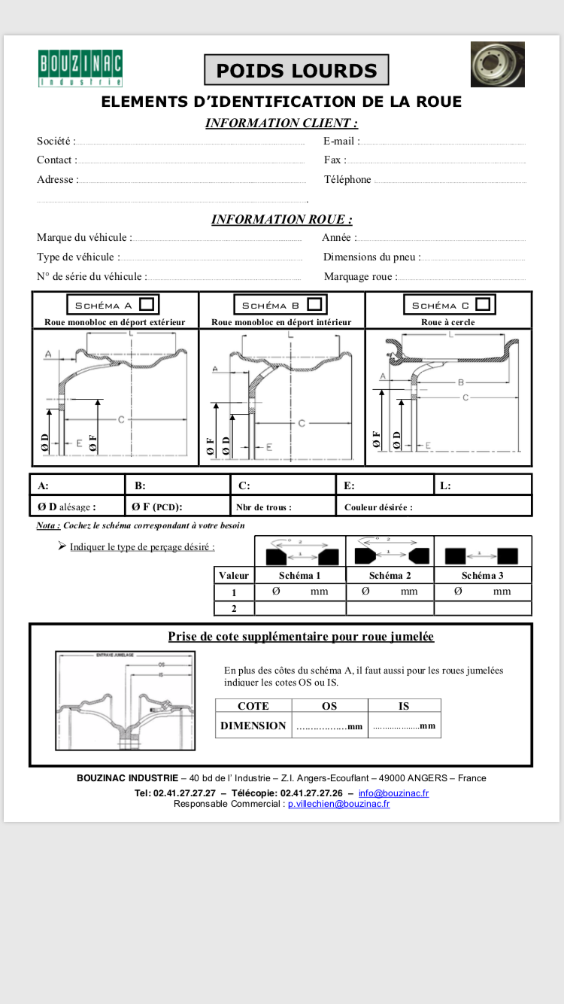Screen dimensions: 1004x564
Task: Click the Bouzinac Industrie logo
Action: click(x=80, y=68)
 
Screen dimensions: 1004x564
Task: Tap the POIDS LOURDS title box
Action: click(x=296, y=71)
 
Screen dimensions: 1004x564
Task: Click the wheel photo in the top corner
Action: click(x=497, y=65)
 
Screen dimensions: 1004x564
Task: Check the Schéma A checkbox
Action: click(x=147, y=304)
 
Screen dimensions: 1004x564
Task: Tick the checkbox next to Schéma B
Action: click(x=314, y=304)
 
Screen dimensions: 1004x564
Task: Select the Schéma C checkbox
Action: click(x=483, y=304)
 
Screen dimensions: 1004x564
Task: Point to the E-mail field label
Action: click(x=341, y=141)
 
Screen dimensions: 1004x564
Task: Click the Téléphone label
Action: click(x=347, y=180)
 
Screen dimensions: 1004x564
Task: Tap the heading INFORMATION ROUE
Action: click(x=281, y=219)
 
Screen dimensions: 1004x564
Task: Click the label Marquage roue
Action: click(x=360, y=276)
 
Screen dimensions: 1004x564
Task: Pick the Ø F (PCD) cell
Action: click(x=177, y=507)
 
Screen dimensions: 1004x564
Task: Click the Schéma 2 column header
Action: click(x=390, y=575)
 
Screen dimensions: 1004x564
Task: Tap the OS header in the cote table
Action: click(x=329, y=706)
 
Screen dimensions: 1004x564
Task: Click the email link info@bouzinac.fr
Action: click(x=393, y=793)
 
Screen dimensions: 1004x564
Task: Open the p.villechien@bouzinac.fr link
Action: click(x=338, y=804)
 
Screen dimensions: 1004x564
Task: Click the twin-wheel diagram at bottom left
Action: click(x=125, y=701)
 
